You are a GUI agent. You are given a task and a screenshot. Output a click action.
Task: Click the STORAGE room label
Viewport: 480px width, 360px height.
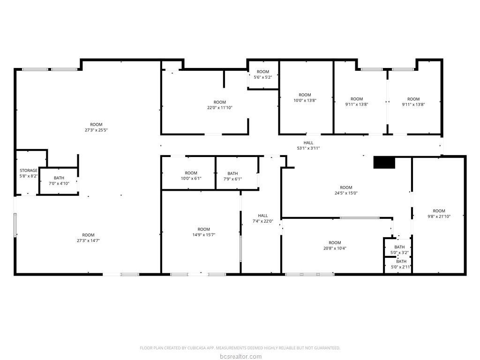click(29, 171)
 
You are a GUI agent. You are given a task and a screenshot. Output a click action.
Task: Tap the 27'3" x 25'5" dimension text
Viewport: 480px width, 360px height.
click(96, 130)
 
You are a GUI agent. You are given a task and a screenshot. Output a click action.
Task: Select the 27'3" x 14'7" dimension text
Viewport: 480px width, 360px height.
click(88, 240)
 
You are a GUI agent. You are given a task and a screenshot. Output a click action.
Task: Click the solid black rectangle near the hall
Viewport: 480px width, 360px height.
click(384, 162)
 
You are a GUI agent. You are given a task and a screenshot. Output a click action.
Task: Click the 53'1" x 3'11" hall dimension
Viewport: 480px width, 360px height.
click(308, 148)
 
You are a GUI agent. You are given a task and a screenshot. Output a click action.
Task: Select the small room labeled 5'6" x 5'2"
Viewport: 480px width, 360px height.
click(262, 75)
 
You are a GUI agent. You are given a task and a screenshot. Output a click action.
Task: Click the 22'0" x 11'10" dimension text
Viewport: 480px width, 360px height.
click(220, 108)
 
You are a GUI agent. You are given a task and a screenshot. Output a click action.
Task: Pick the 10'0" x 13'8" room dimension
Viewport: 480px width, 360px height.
click(305, 100)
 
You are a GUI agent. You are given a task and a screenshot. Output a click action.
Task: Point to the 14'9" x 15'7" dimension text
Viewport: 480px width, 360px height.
click(203, 235)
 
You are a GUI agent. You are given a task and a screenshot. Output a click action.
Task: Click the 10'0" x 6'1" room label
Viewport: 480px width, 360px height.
click(191, 176)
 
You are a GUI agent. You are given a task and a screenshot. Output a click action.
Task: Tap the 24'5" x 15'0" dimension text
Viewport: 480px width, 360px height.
click(346, 193)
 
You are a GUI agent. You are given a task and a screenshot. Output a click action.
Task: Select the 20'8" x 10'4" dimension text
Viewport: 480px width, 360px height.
click(335, 248)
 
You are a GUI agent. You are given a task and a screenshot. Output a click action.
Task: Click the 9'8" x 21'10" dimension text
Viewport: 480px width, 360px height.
click(439, 217)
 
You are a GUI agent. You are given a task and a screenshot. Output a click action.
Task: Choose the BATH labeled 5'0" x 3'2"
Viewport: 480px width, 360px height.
click(399, 250)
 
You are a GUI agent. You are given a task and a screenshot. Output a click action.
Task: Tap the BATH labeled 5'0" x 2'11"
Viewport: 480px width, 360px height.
click(401, 264)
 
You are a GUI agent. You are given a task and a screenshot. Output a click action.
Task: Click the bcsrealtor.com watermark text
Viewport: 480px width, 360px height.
click(240, 356)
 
